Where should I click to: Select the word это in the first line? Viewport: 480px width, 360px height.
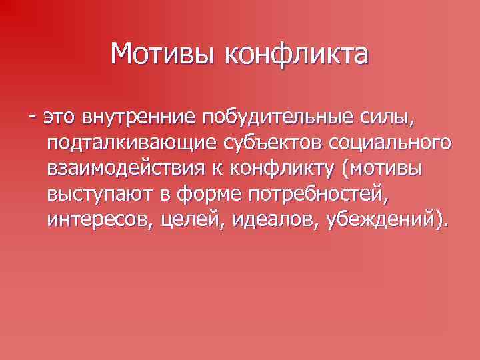pyautogui.click(x=61, y=118)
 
